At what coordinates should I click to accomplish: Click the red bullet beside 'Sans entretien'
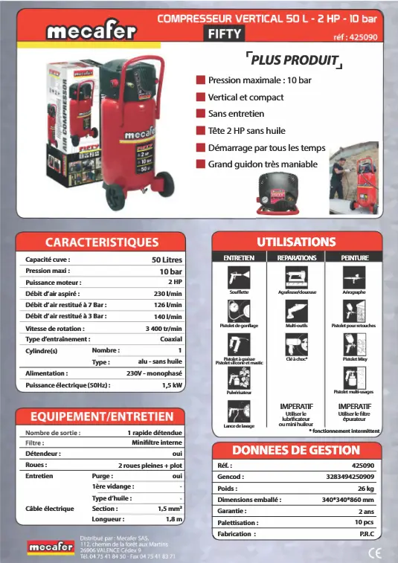pos(200,114)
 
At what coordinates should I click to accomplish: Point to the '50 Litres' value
pos(167,260)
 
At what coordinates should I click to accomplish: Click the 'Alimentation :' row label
pos(47,373)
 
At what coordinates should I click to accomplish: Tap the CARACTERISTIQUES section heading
pos(103,242)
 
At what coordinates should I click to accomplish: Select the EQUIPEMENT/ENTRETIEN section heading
pos(103,416)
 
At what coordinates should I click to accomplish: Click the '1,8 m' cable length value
pos(174,519)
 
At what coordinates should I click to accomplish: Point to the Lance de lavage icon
pos(240,411)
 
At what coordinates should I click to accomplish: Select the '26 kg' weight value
pos(365,488)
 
